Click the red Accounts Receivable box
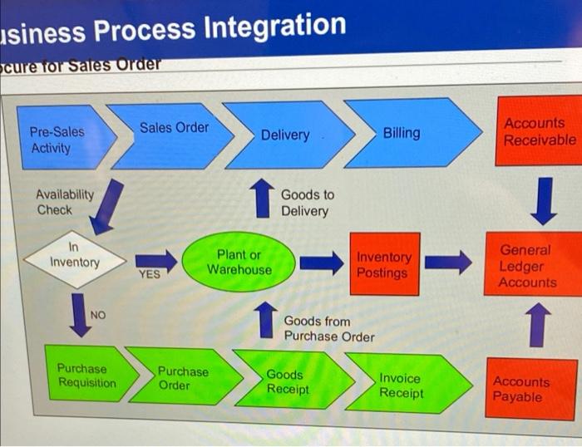click(538, 132)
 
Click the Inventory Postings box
click(383, 265)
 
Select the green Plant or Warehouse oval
click(239, 262)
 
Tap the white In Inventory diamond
click(73, 256)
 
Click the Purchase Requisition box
click(86, 376)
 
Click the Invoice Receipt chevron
click(401, 385)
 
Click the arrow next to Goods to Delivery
click(262, 200)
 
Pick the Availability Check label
click(64, 202)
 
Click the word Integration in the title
click(274, 27)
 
